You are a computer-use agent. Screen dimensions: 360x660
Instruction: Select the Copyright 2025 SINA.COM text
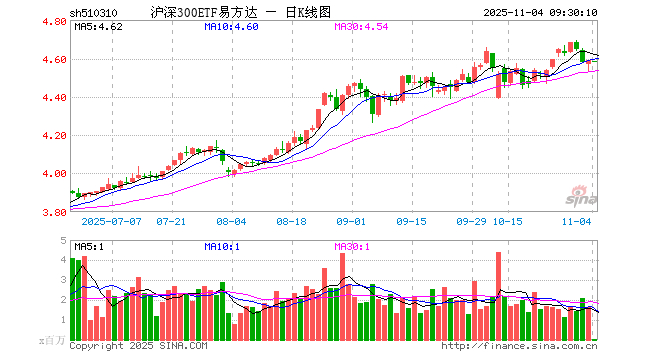click(138, 346)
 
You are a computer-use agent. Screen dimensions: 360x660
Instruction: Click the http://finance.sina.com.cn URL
click(520, 346)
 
